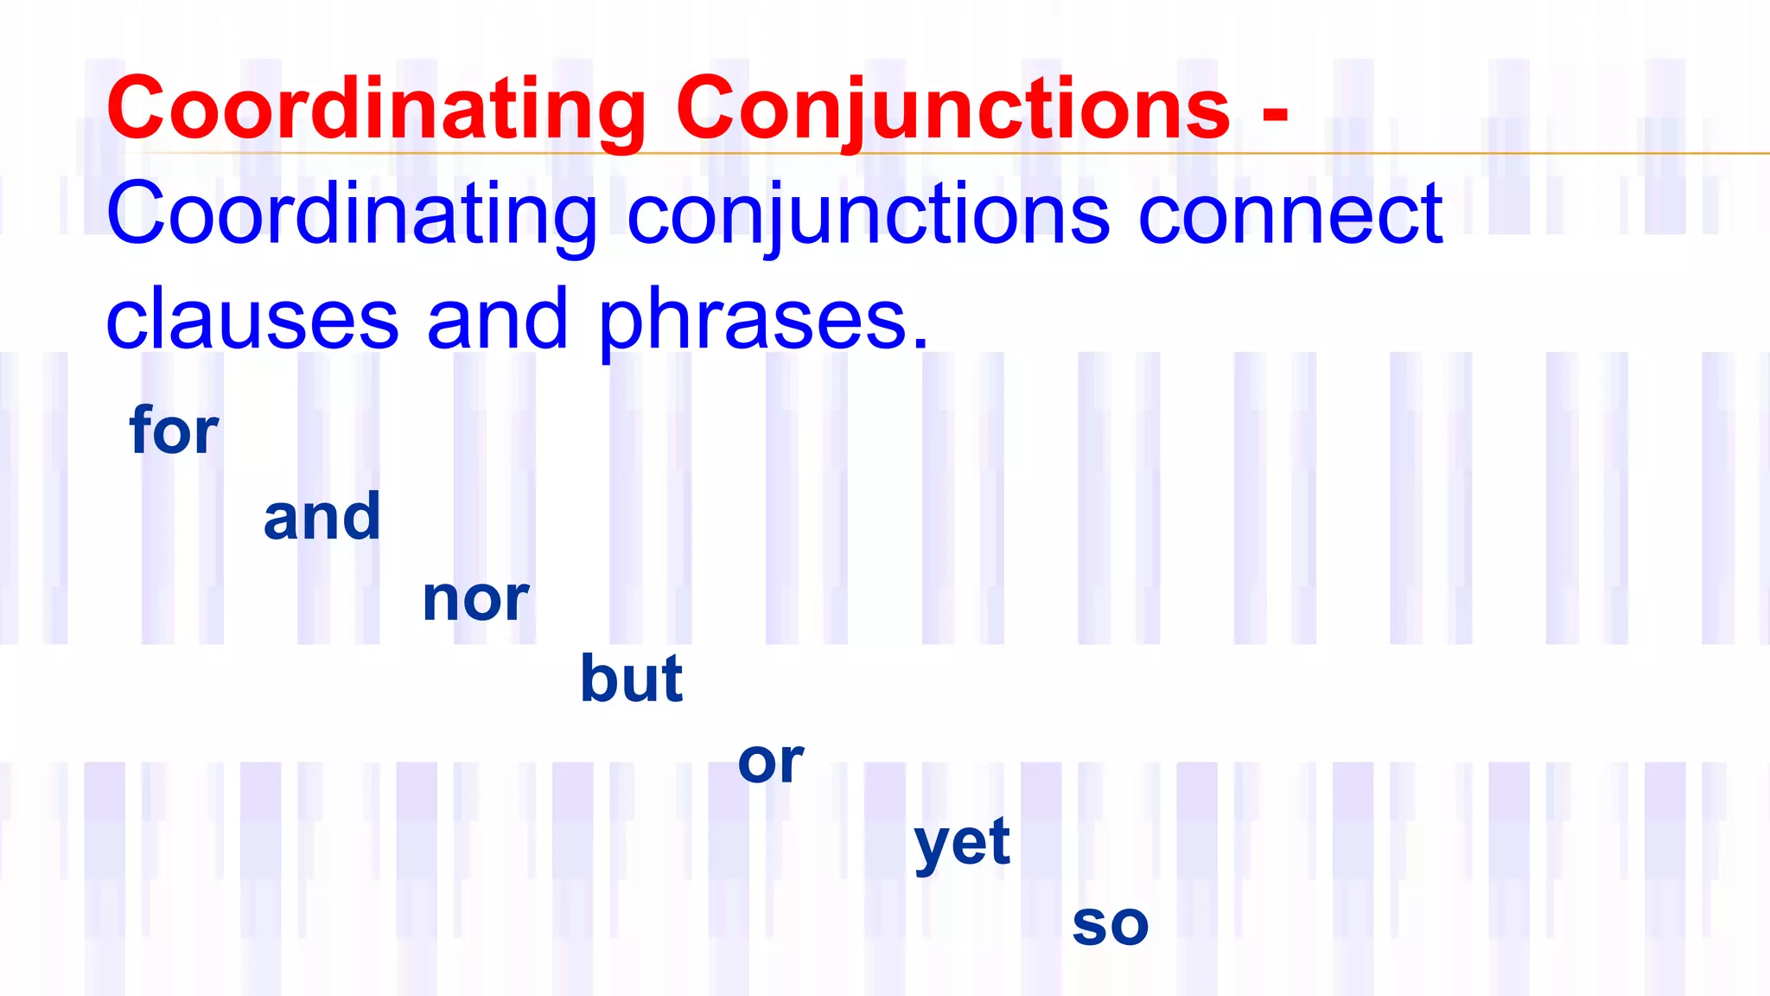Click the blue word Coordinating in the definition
point(351,214)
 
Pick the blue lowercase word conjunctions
point(868,214)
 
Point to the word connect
point(1290,214)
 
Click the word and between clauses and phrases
point(497,319)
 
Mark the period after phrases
point(920,344)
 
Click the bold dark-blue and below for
point(322,516)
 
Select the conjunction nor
point(475,598)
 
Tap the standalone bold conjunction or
point(771,762)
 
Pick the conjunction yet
point(962,841)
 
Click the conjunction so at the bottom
point(1111,924)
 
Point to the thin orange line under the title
point(1512,153)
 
